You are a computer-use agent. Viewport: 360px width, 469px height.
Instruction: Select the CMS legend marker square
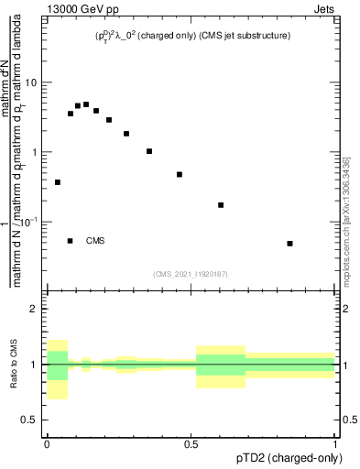[71, 241]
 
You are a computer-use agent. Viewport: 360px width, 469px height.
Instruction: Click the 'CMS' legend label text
[95, 241]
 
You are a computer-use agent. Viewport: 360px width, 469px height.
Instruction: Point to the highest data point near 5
[86, 104]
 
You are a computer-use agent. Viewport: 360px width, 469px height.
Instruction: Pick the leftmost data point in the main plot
[58, 182]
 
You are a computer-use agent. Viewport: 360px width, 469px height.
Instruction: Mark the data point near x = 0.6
[221, 205]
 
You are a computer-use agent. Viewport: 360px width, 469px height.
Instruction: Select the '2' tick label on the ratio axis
[34, 309]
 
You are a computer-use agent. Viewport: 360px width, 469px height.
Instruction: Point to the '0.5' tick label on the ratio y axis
[28, 420]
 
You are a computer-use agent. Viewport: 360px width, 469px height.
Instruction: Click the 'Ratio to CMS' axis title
[13, 365]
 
